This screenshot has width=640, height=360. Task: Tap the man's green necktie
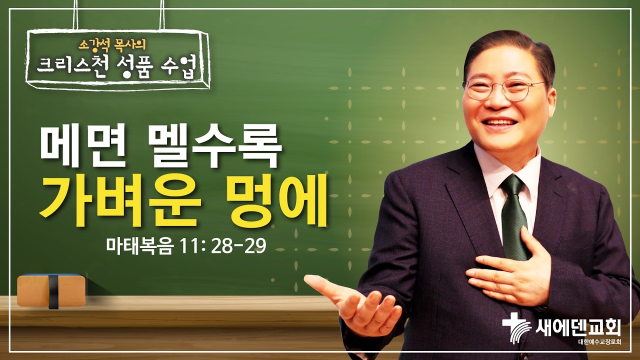[x=514, y=215]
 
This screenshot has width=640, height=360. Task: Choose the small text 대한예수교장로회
[x=598, y=342]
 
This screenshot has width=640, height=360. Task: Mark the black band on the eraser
[x=52, y=291]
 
